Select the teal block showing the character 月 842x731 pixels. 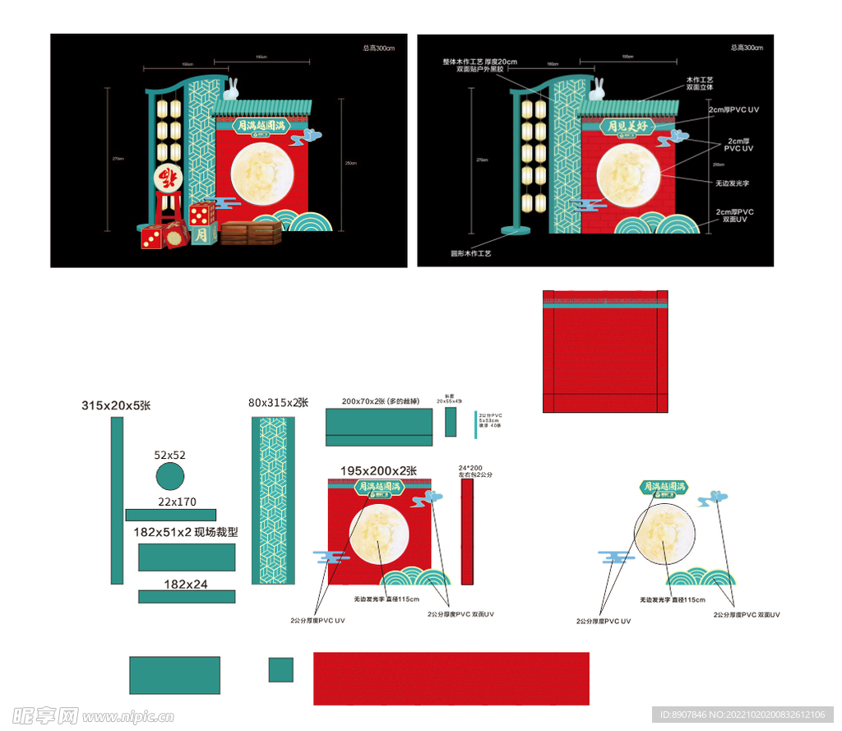coord(203,235)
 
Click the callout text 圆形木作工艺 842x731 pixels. coord(470,254)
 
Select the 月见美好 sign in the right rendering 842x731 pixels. coord(629,127)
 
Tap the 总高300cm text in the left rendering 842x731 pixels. coord(379,48)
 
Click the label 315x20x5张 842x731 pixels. coord(116,405)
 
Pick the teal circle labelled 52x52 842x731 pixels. coord(169,476)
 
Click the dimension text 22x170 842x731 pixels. coord(178,502)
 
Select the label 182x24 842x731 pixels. coord(186,584)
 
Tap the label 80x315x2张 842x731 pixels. coord(278,403)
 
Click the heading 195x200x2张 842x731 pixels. coord(378,470)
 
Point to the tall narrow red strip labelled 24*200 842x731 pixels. coord(467,532)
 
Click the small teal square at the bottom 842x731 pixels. coord(281,669)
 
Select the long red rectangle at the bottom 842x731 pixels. coord(451,678)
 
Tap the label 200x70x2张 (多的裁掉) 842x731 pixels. coord(381,401)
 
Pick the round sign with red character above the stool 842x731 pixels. coord(169,178)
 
